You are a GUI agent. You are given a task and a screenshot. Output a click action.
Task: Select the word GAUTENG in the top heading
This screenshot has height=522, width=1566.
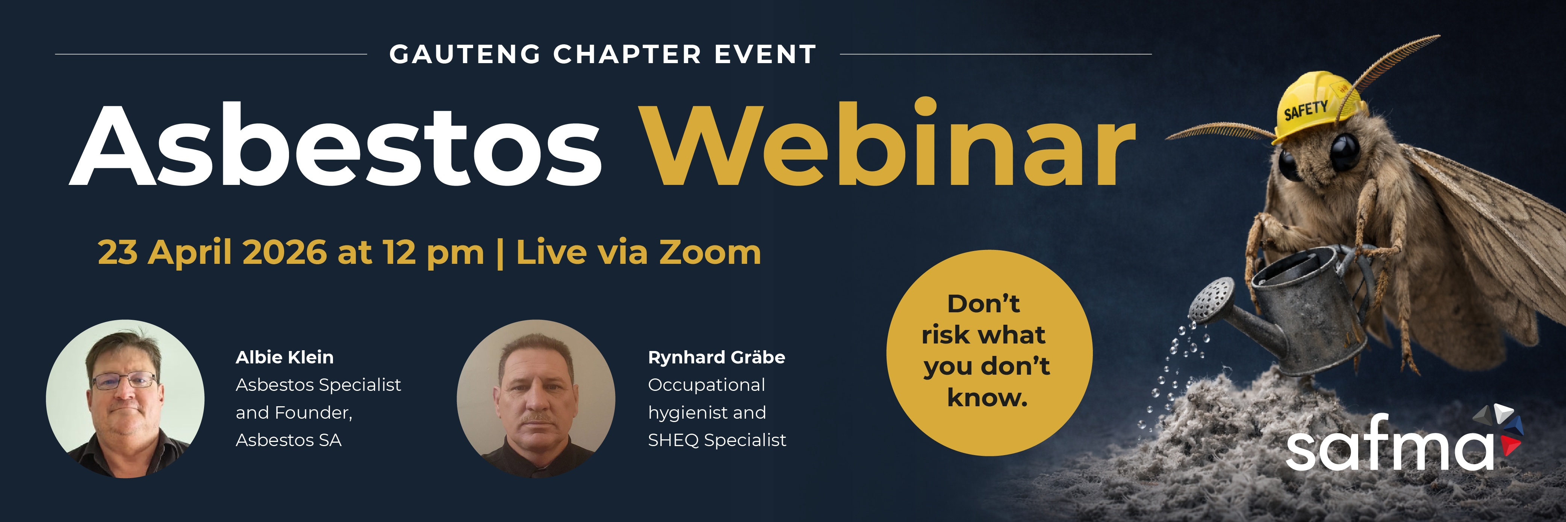[x=465, y=54]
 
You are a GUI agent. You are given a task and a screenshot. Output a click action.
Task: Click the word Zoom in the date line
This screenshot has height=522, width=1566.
[x=710, y=252]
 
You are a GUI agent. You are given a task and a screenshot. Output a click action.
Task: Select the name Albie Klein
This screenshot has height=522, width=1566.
[x=284, y=357]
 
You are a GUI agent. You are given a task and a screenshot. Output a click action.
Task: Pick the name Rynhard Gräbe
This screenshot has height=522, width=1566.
[x=716, y=357]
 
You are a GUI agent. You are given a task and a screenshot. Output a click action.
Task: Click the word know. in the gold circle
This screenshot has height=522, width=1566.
[x=987, y=398]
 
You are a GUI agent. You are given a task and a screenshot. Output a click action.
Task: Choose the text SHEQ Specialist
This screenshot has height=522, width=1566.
[x=717, y=440]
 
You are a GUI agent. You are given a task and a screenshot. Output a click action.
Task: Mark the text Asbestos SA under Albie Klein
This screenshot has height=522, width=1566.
[x=289, y=440]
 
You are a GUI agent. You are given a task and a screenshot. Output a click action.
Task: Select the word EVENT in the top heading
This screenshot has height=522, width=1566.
[x=765, y=54]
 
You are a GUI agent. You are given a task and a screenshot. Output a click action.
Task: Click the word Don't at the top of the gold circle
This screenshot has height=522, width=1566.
[x=983, y=303]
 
